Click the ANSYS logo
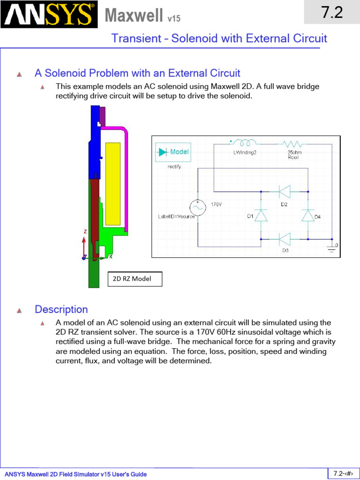click(49, 15)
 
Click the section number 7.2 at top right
click(332, 13)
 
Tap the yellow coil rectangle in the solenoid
click(112, 183)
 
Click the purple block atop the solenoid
click(103, 116)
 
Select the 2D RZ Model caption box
click(135, 279)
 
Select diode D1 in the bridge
click(261, 215)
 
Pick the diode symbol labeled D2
click(284, 191)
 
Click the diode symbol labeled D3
click(284, 240)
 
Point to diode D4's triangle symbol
click(307, 215)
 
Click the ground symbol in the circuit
click(332, 248)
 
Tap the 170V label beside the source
click(216, 204)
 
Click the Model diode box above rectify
click(172, 152)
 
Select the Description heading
click(61, 309)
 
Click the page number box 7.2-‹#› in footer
click(343, 473)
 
